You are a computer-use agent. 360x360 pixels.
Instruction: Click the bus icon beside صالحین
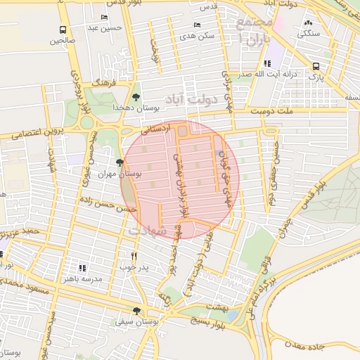tap(63, 30)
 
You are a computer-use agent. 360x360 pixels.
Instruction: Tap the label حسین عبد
tap(105, 28)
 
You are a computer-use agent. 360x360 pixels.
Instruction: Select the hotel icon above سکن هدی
tap(196, 25)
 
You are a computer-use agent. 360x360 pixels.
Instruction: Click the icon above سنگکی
tap(308, 22)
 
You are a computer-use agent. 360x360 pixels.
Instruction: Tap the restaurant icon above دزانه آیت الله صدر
tap(265, 63)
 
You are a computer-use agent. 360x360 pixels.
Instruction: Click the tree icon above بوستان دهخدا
tap(136, 97)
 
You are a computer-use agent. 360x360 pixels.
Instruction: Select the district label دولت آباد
tap(184, 95)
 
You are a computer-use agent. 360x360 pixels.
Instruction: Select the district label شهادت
tap(148, 230)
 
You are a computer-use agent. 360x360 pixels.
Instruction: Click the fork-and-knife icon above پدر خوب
tap(134, 256)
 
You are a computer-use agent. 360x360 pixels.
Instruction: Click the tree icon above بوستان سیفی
tap(136, 310)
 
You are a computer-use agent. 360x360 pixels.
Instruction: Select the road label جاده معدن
tap(317, 346)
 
